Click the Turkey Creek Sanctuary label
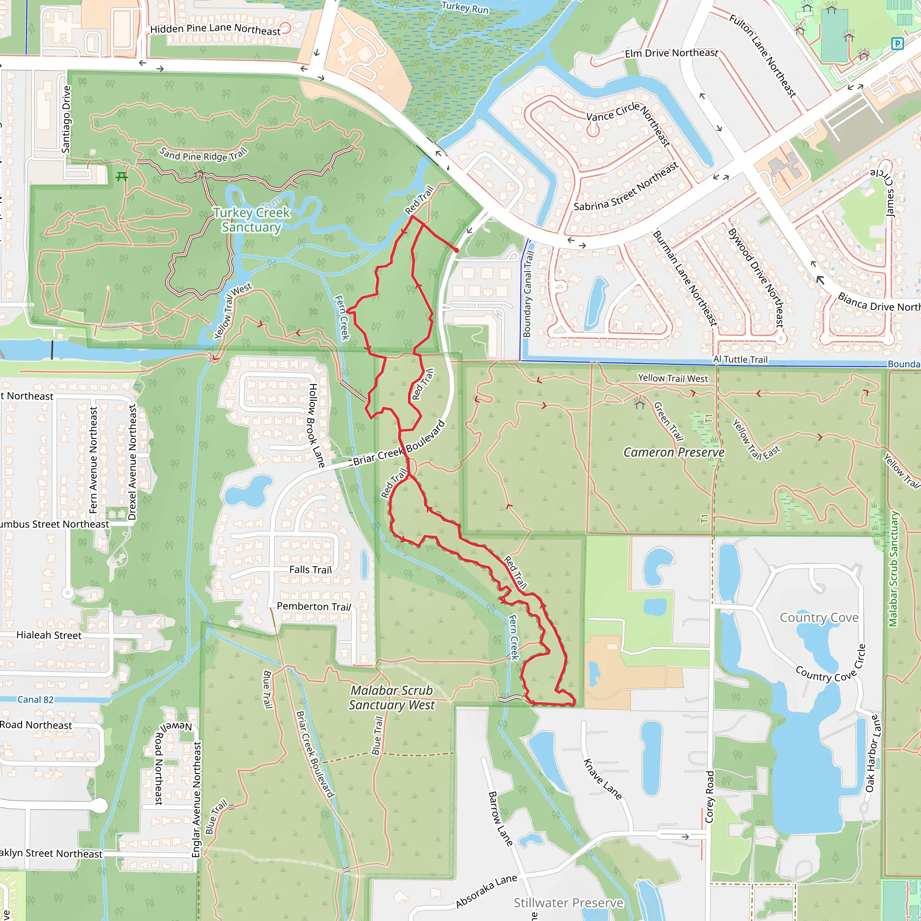[251, 220]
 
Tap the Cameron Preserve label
[674, 452]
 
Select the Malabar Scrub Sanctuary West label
[391, 697]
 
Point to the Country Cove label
[819, 618]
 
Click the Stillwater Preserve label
[568, 903]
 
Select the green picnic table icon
[122, 177]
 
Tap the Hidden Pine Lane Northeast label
[215, 30]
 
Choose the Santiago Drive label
[66, 119]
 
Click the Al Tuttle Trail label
[740, 359]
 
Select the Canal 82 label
[35, 699]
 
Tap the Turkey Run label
[465, 7]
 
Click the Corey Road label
[710, 796]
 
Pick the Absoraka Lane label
[486, 891]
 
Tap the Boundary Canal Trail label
[528, 294]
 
